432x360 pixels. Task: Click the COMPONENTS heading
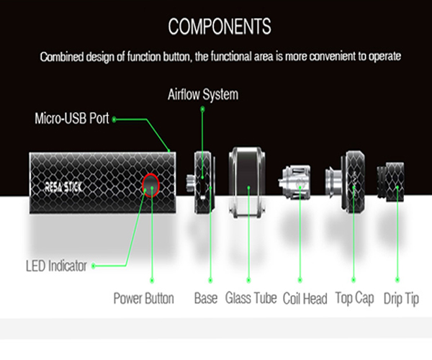220,27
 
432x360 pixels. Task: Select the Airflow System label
202,94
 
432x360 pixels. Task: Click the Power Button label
144,298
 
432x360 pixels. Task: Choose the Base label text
206,298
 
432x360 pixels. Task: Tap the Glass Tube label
251,298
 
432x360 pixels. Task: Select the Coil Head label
305,298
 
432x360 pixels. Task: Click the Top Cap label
354,298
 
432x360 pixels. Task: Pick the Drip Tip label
401,298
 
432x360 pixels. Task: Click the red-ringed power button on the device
151,185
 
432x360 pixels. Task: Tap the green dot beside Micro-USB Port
114,119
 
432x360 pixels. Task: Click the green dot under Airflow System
202,109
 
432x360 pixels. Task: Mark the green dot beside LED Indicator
93,266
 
